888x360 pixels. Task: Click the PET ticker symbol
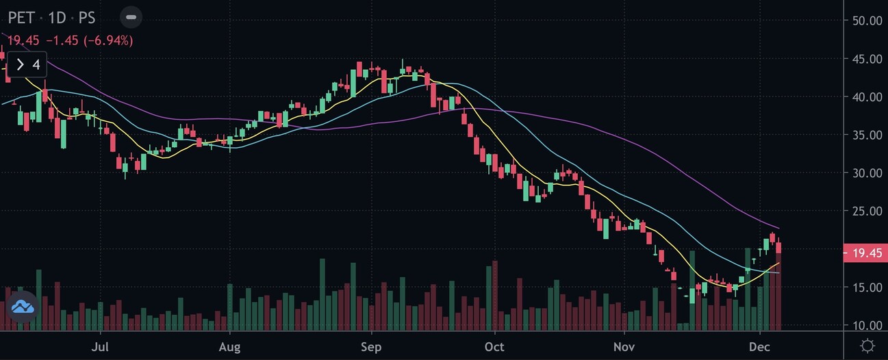coord(21,17)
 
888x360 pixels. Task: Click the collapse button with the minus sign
coord(131,17)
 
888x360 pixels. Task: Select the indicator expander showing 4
coord(27,65)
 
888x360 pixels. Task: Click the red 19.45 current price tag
coord(865,253)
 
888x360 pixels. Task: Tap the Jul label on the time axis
coord(101,346)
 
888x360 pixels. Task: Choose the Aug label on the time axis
coord(230,346)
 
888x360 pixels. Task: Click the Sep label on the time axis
coord(370,346)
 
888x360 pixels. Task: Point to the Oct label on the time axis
coord(494,346)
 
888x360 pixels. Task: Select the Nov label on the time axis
coord(624,346)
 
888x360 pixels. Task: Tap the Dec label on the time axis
coord(759,346)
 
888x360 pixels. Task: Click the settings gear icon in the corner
coord(867,346)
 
